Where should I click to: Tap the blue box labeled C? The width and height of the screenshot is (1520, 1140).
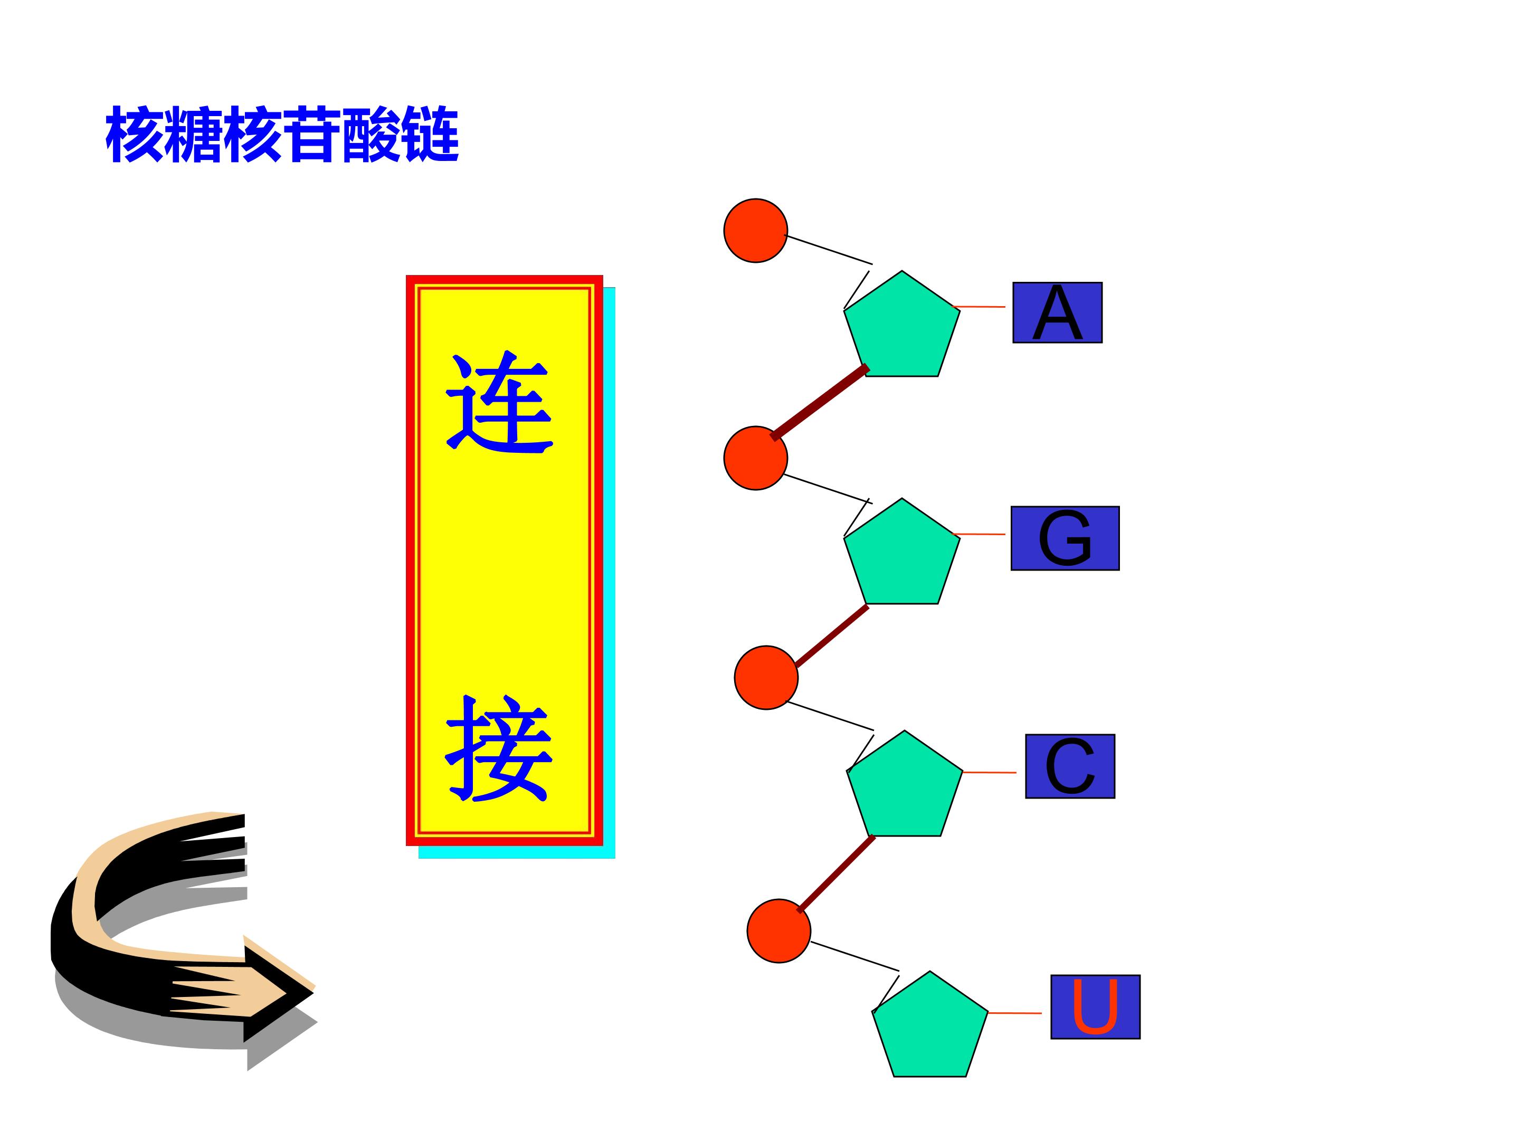(1070, 766)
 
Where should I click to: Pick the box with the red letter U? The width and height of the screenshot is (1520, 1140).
(1095, 1006)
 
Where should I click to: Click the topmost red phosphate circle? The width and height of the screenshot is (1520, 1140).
(755, 230)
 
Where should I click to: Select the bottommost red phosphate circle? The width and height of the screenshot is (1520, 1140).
(778, 930)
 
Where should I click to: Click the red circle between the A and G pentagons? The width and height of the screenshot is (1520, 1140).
(755, 458)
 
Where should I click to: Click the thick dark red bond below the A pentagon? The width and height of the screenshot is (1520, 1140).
(820, 403)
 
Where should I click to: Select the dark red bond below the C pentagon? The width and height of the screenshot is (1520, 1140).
(837, 873)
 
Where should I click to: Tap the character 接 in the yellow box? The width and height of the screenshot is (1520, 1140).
(500, 748)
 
